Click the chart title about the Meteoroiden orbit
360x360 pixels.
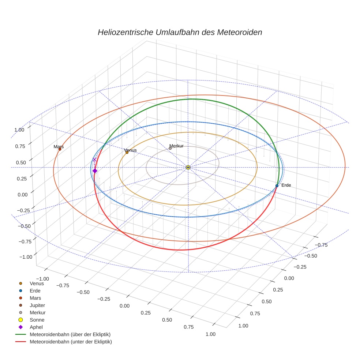(x=180, y=32)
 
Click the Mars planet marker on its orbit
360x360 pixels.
(x=60, y=149)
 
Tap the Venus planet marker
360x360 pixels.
(x=127, y=152)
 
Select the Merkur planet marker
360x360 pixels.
(x=170, y=148)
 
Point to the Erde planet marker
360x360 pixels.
(x=277, y=186)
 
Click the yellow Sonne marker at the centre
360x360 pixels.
(x=188, y=167)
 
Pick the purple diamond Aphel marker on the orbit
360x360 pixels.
(x=95, y=171)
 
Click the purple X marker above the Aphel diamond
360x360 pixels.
(x=94, y=160)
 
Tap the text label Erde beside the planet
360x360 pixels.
(x=286, y=185)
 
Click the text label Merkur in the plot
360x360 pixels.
(x=176, y=146)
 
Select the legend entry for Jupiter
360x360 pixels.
(x=37, y=305)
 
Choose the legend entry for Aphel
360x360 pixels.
(x=36, y=327)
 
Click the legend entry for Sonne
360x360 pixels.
(x=37, y=320)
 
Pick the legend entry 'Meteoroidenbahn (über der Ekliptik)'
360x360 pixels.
(x=70, y=334)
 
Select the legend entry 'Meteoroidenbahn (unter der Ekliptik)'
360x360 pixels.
(x=71, y=342)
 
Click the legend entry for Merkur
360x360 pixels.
(x=37, y=312)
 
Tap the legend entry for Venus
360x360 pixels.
(x=37, y=283)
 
